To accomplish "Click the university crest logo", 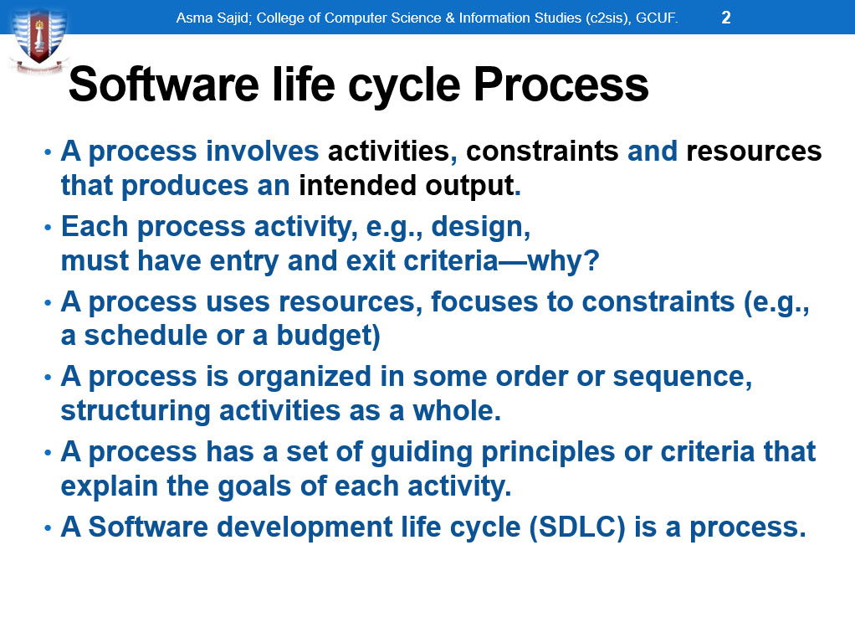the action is coord(39,40).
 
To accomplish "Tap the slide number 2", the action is coord(726,18).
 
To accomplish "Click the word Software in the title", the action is coord(164,85).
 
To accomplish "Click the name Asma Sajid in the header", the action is coord(214,18).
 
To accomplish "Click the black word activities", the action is coord(389,152).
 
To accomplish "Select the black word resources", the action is coord(754,152).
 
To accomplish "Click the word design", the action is coord(480,227).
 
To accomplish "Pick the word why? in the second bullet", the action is coord(563,261).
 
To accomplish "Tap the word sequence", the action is coord(682,378).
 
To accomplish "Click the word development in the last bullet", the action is coord(305,527).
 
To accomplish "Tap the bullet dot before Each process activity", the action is coord(48,227).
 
